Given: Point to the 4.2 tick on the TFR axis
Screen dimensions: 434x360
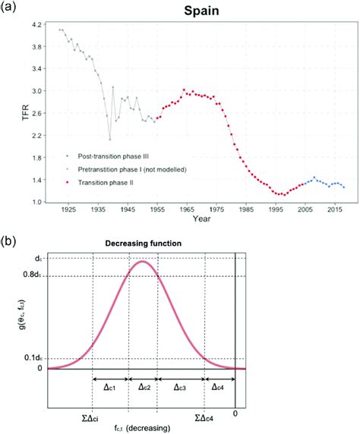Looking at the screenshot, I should click(x=39, y=25).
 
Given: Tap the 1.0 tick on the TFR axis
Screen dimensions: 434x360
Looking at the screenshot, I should click(x=39, y=202).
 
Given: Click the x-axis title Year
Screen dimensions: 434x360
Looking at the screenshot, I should click(x=199, y=222).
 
